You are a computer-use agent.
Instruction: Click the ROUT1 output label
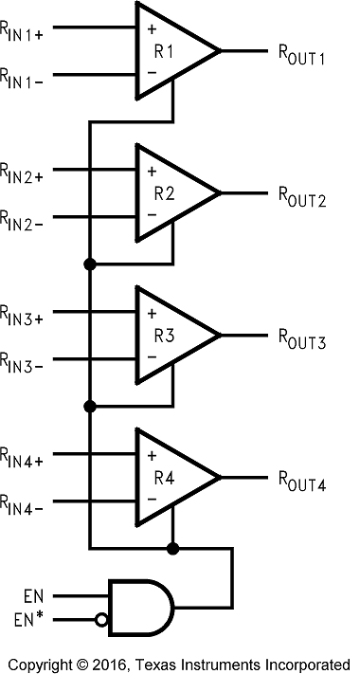click(x=301, y=57)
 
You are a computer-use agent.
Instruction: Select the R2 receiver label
click(x=164, y=192)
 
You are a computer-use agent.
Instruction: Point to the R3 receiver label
click(x=164, y=335)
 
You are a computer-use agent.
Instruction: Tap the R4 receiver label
click(x=164, y=477)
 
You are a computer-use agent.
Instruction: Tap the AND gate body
click(x=137, y=608)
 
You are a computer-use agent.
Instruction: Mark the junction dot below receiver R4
click(x=172, y=548)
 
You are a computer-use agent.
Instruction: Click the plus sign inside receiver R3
click(x=151, y=313)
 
